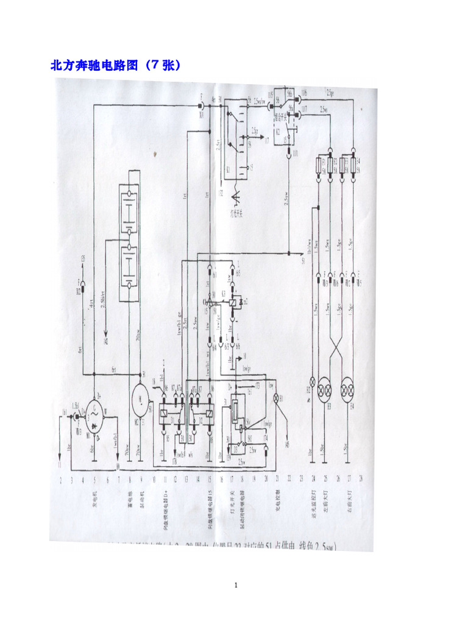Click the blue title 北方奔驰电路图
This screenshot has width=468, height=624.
116,65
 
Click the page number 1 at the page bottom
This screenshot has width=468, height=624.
235,586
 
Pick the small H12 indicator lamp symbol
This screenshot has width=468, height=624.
313,381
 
